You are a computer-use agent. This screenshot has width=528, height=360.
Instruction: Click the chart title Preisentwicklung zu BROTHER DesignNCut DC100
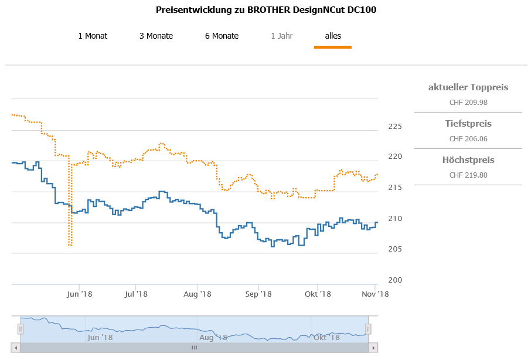266,10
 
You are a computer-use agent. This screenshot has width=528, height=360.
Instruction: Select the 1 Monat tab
93,36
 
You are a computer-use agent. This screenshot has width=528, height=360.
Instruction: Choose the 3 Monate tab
156,36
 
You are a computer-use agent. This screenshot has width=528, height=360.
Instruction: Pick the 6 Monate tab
222,36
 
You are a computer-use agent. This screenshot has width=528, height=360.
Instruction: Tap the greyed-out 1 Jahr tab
281,36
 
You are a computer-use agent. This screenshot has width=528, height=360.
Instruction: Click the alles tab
333,36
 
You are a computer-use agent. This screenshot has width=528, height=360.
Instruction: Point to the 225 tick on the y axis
394,127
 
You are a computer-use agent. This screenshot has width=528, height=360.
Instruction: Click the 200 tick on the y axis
394,280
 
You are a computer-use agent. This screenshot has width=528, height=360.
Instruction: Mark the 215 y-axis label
394,188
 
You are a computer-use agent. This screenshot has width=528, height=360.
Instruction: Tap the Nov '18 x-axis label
375,294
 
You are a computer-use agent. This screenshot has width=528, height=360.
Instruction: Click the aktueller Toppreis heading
468,87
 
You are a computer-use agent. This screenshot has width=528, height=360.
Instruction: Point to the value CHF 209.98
468,102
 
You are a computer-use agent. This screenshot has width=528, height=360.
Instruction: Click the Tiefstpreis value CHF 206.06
468,139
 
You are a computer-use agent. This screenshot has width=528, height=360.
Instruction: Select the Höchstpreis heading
468,160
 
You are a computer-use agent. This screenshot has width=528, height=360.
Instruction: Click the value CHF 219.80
468,175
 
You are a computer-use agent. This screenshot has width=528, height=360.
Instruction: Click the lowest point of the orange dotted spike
70,244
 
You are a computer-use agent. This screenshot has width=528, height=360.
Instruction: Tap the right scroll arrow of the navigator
373,348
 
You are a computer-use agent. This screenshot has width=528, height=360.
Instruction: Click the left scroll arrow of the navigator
16,348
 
